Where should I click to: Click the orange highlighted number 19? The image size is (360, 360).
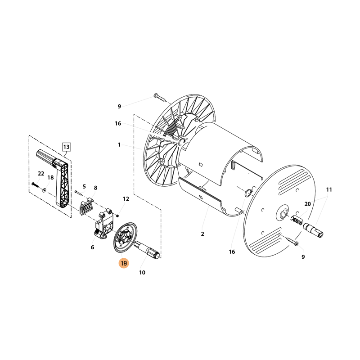pyautogui.click(x=124, y=263)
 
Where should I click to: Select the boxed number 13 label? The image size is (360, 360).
pyautogui.click(x=66, y=147)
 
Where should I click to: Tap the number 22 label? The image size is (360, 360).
pyautogui.click(x=41, y=174)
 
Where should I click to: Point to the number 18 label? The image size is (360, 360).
pyautogui.click(x=50, y=177)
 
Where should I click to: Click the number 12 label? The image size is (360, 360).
pyautogui.click(x=126, y=198)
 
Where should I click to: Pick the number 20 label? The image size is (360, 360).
pyautogui.click(x=307, y=204)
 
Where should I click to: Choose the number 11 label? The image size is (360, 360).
pyautogui.click(x=329, y=189)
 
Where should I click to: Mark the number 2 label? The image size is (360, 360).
pyautogui.click(x=202, y=234)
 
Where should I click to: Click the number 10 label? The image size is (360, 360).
pyautogui.click(x=142, y=273)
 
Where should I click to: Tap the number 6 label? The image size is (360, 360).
pyautogui.click(x=92, y=247)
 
